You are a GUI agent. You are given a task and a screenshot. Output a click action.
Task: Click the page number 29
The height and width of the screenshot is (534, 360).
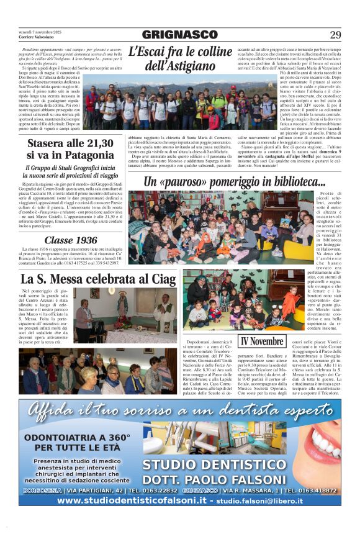[335, 35]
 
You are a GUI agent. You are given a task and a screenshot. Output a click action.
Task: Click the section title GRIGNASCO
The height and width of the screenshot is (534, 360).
[179, 35]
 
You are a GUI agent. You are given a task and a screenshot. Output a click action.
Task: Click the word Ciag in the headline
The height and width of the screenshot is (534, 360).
[163, 279]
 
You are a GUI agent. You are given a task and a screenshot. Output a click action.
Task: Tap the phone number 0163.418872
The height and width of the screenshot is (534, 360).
[317, 490]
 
